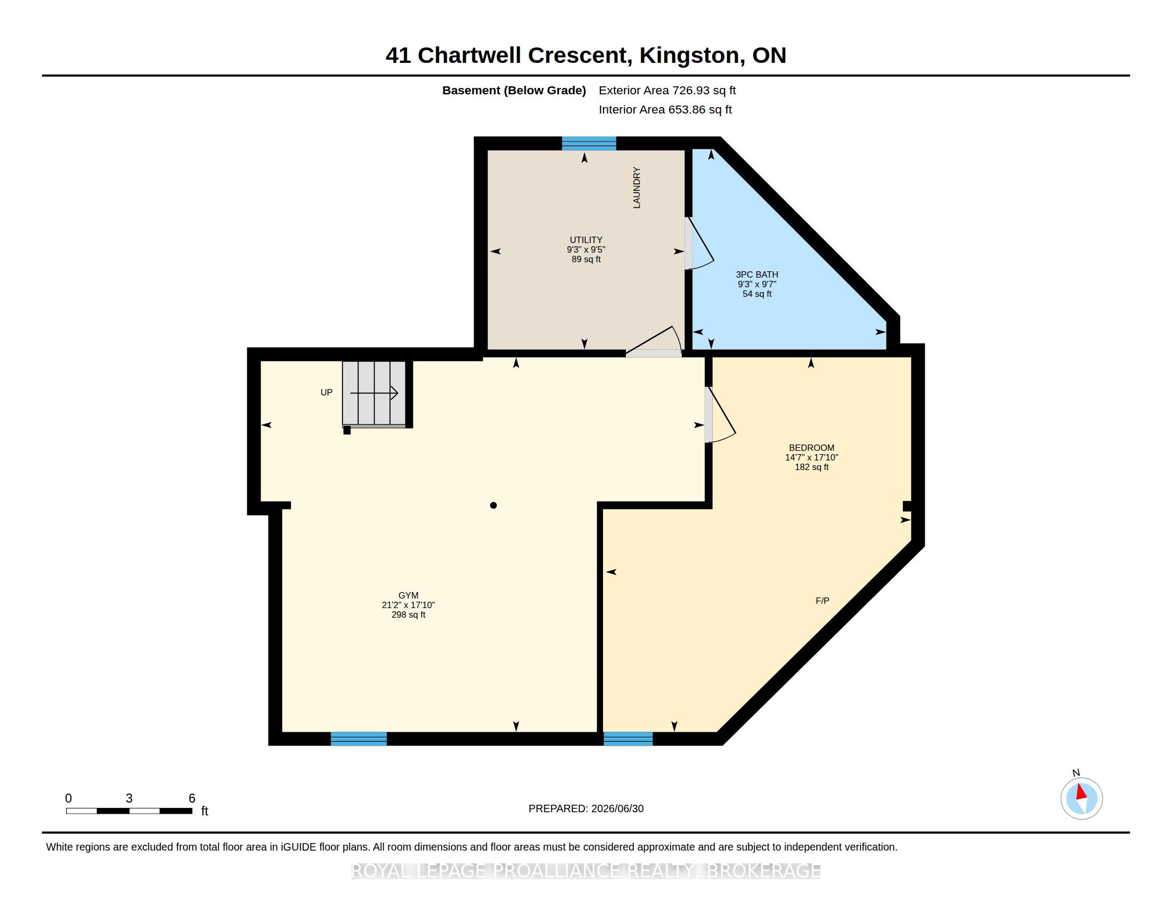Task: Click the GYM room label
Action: pos(409,595)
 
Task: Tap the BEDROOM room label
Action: pos(811,448)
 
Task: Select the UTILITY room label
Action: pos(586,240)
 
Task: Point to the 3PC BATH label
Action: pos(756,274)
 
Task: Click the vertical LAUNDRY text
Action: pos(637,187)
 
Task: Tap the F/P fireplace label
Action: pos(822,601)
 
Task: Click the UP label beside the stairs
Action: pos(326,392)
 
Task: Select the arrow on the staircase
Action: pos(374,393)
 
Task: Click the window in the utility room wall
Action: pos(589,143)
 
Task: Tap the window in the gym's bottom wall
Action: pos(359,739)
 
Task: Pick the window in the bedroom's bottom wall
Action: pos(628,739)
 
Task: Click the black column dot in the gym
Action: pos(493,505)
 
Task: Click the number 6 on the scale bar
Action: pos(192,798)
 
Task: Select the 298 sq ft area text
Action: pos(409,614)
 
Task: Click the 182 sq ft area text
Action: pos(811,467)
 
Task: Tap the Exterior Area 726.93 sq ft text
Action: pos(667,90)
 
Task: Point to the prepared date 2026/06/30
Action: pos(617,808)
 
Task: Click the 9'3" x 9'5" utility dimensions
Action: pos(586,249)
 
